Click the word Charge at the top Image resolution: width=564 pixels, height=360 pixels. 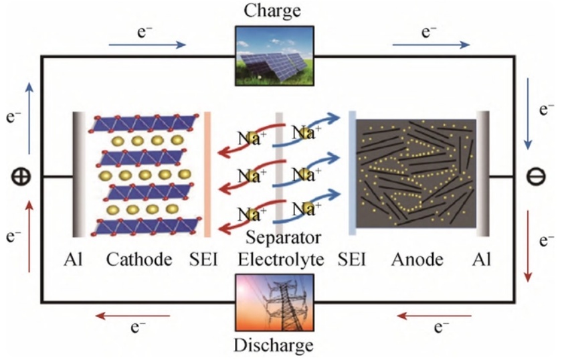pos(272,11)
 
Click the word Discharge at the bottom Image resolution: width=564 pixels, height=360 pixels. pos(273,345)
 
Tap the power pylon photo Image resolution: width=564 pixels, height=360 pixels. pos(274,303)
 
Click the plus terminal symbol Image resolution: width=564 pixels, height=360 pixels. pos(21,177)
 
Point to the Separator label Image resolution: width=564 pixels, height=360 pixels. pos(283,238)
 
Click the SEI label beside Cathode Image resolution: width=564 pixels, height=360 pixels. pos(203,259)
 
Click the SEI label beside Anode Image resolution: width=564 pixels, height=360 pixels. pos(352,259)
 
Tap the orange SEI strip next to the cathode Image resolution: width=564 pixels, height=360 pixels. pos(207,174)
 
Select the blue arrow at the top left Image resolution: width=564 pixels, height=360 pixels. pos(148,45)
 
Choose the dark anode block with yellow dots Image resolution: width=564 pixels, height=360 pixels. pos(415,174)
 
